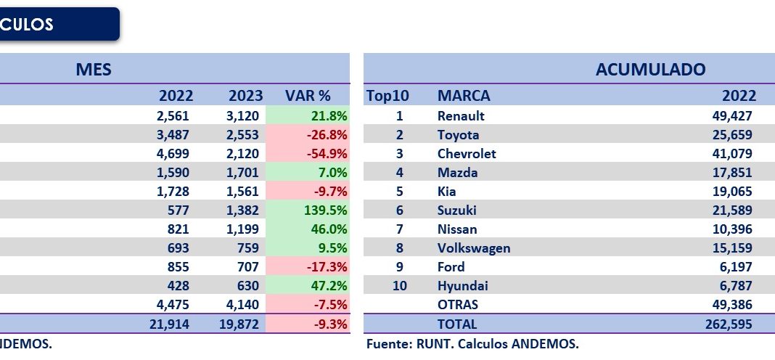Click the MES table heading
pyautogui.click(x=94, y=70)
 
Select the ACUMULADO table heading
pyautogui.click(x=650, y=70)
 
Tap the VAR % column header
pyautogui.click(x=308, y=96)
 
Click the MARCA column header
pyautogui.click(x=464, y=96)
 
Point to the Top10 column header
pyautogui.click(x=388, y=96)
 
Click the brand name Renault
pyautogui.click(x=461, y=116)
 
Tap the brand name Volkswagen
pyautogui.click(x=474, y=248)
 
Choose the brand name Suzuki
pyautogui.click(x=457, y=210)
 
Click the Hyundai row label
pyautogui.click(x=462, y=286)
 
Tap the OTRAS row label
pyautogui.click(x=458, y=305)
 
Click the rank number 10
pyautogui.click(x=400, y=286)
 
